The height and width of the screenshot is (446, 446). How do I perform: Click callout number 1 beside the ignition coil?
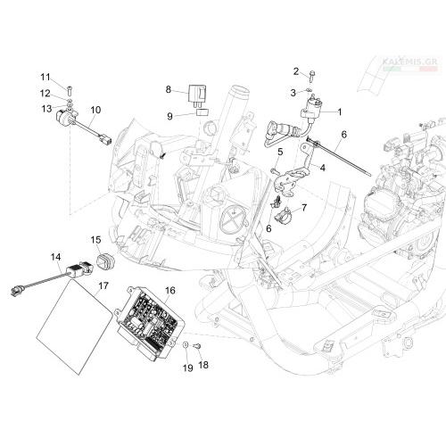pos(340,112)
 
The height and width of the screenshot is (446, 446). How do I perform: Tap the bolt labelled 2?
pos(311,76)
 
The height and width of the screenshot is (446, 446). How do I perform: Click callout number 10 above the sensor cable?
pos(95,110)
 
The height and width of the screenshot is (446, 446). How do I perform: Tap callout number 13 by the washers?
pos(46,109)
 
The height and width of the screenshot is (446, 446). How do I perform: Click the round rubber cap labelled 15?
pos(106,261)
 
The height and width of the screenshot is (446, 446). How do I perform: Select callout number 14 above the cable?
pos(55,257)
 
